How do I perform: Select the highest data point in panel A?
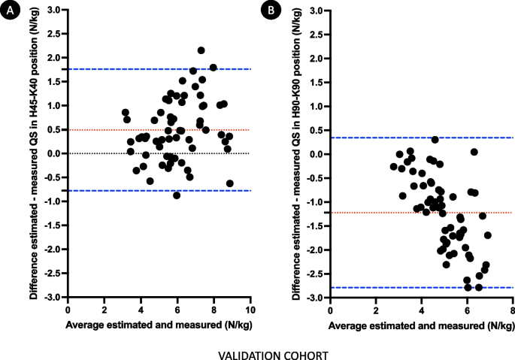[201, 50]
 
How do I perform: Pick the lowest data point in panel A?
[177, 195]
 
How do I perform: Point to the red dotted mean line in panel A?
[113, 130]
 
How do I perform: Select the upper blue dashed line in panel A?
[113, 69]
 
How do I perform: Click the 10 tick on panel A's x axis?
[250, 308]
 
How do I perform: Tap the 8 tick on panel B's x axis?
[513, 308]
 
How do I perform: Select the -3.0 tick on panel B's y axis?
[314, 298]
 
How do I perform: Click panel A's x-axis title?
[159, 324]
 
